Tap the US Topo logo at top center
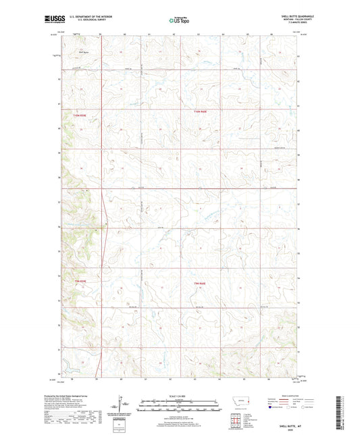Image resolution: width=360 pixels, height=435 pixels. (178, 21)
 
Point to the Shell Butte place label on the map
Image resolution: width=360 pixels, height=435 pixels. (84, 50)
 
